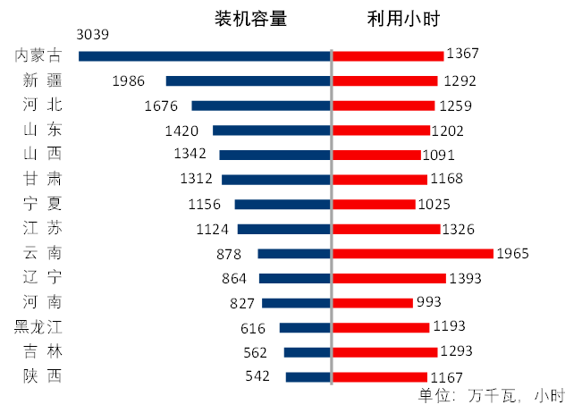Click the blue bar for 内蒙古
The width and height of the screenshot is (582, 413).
click(205, 55)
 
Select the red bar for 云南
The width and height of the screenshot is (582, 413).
click(412, 253)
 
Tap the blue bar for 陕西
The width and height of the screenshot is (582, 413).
click(308, 376)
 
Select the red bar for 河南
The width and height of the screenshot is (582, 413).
click(373, 302)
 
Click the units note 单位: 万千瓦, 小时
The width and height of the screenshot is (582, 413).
click(491, 396)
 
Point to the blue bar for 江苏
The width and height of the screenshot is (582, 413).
click(283, 229)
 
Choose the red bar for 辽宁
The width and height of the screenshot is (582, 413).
click(389, 278)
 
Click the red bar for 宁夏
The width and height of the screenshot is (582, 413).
click(375, 204)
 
